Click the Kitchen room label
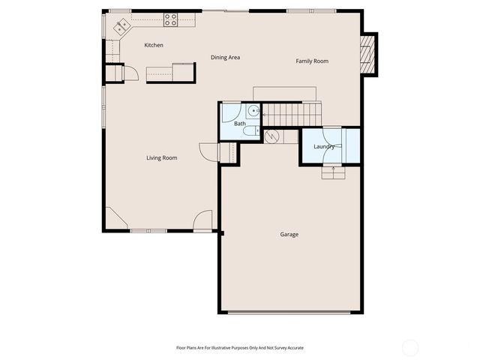(x=154, y=46)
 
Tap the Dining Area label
(x=225, y=58)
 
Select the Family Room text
(x=312, y=61)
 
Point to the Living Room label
(x=161, y=157)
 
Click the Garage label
(x=289, y=235)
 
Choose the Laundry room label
(x=324, y=146)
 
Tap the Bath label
(x=240, y=123)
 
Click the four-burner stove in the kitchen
(x=170, y=21)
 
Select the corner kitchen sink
(x=121, y=27)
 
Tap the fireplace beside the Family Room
(x=367, y=55)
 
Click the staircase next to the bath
(x=293, y=115)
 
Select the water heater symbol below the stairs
(x=271, y=136)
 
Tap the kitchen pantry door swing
(x=130, y=73)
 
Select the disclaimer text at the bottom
(x=239, y=348)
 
